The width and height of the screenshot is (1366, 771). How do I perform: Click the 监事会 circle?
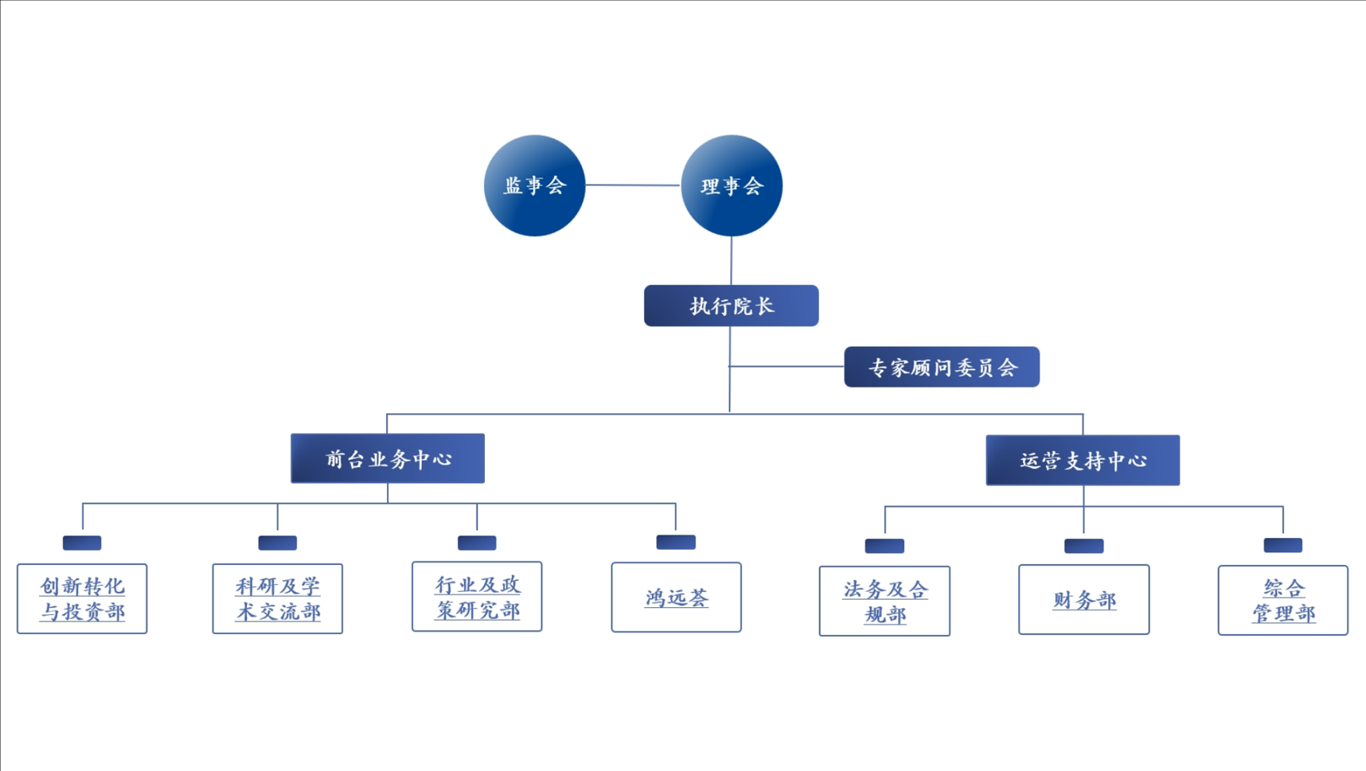[x=534, y=185]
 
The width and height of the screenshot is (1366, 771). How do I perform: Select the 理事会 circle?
[x=732, y=185]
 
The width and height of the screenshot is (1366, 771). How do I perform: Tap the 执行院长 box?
[x=731, y=306]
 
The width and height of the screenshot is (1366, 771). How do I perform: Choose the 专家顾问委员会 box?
[x=942, y=367]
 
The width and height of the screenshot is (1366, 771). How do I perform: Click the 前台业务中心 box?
[x=388, y=458]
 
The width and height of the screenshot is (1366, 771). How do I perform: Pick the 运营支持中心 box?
[x=1083, y=460]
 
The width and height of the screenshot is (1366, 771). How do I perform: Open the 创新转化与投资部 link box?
[x=82, y=598]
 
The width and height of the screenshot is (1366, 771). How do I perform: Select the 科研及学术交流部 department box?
[x=278, y=598]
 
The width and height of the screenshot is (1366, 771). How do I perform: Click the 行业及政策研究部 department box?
[x=477, y=597]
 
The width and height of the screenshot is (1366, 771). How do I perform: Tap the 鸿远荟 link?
[x=677, y=598]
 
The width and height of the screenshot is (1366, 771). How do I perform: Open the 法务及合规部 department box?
[x=884, y=601]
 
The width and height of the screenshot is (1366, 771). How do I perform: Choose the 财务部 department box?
[x=1083, y=600]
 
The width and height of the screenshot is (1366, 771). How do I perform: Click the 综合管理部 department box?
[x=1282, y=600]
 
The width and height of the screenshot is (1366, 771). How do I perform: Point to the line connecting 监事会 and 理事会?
[x=633, y=185]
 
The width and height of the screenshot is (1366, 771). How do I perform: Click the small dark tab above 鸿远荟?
[x=676, y=542]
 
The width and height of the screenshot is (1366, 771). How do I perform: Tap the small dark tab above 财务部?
[x=1083, y=545]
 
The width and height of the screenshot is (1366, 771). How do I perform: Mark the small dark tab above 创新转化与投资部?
[x=82, y=543]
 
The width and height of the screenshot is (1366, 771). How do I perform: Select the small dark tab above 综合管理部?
[x=1282, y=545]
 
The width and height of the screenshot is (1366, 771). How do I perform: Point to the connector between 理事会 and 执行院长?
[x=731, y=260]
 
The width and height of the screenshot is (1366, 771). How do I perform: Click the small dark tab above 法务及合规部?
[x=884, y=545]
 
